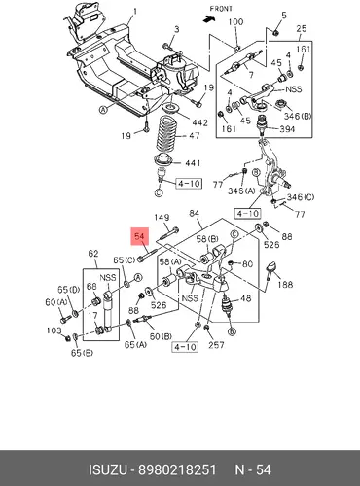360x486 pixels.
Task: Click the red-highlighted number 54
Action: (139, 236)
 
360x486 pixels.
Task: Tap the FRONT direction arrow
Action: (209, 19)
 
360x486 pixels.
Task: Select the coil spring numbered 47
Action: (167, 134)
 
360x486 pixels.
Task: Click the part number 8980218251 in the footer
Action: (177, 469)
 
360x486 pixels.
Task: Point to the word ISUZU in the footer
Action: (108, 469)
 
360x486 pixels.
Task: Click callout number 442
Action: (199, 122)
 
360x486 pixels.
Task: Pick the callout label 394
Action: (287, 129)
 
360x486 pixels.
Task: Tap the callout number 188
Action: (285, 285)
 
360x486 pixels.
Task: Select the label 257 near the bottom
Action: (216, 344)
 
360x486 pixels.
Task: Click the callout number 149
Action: (162, 218)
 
